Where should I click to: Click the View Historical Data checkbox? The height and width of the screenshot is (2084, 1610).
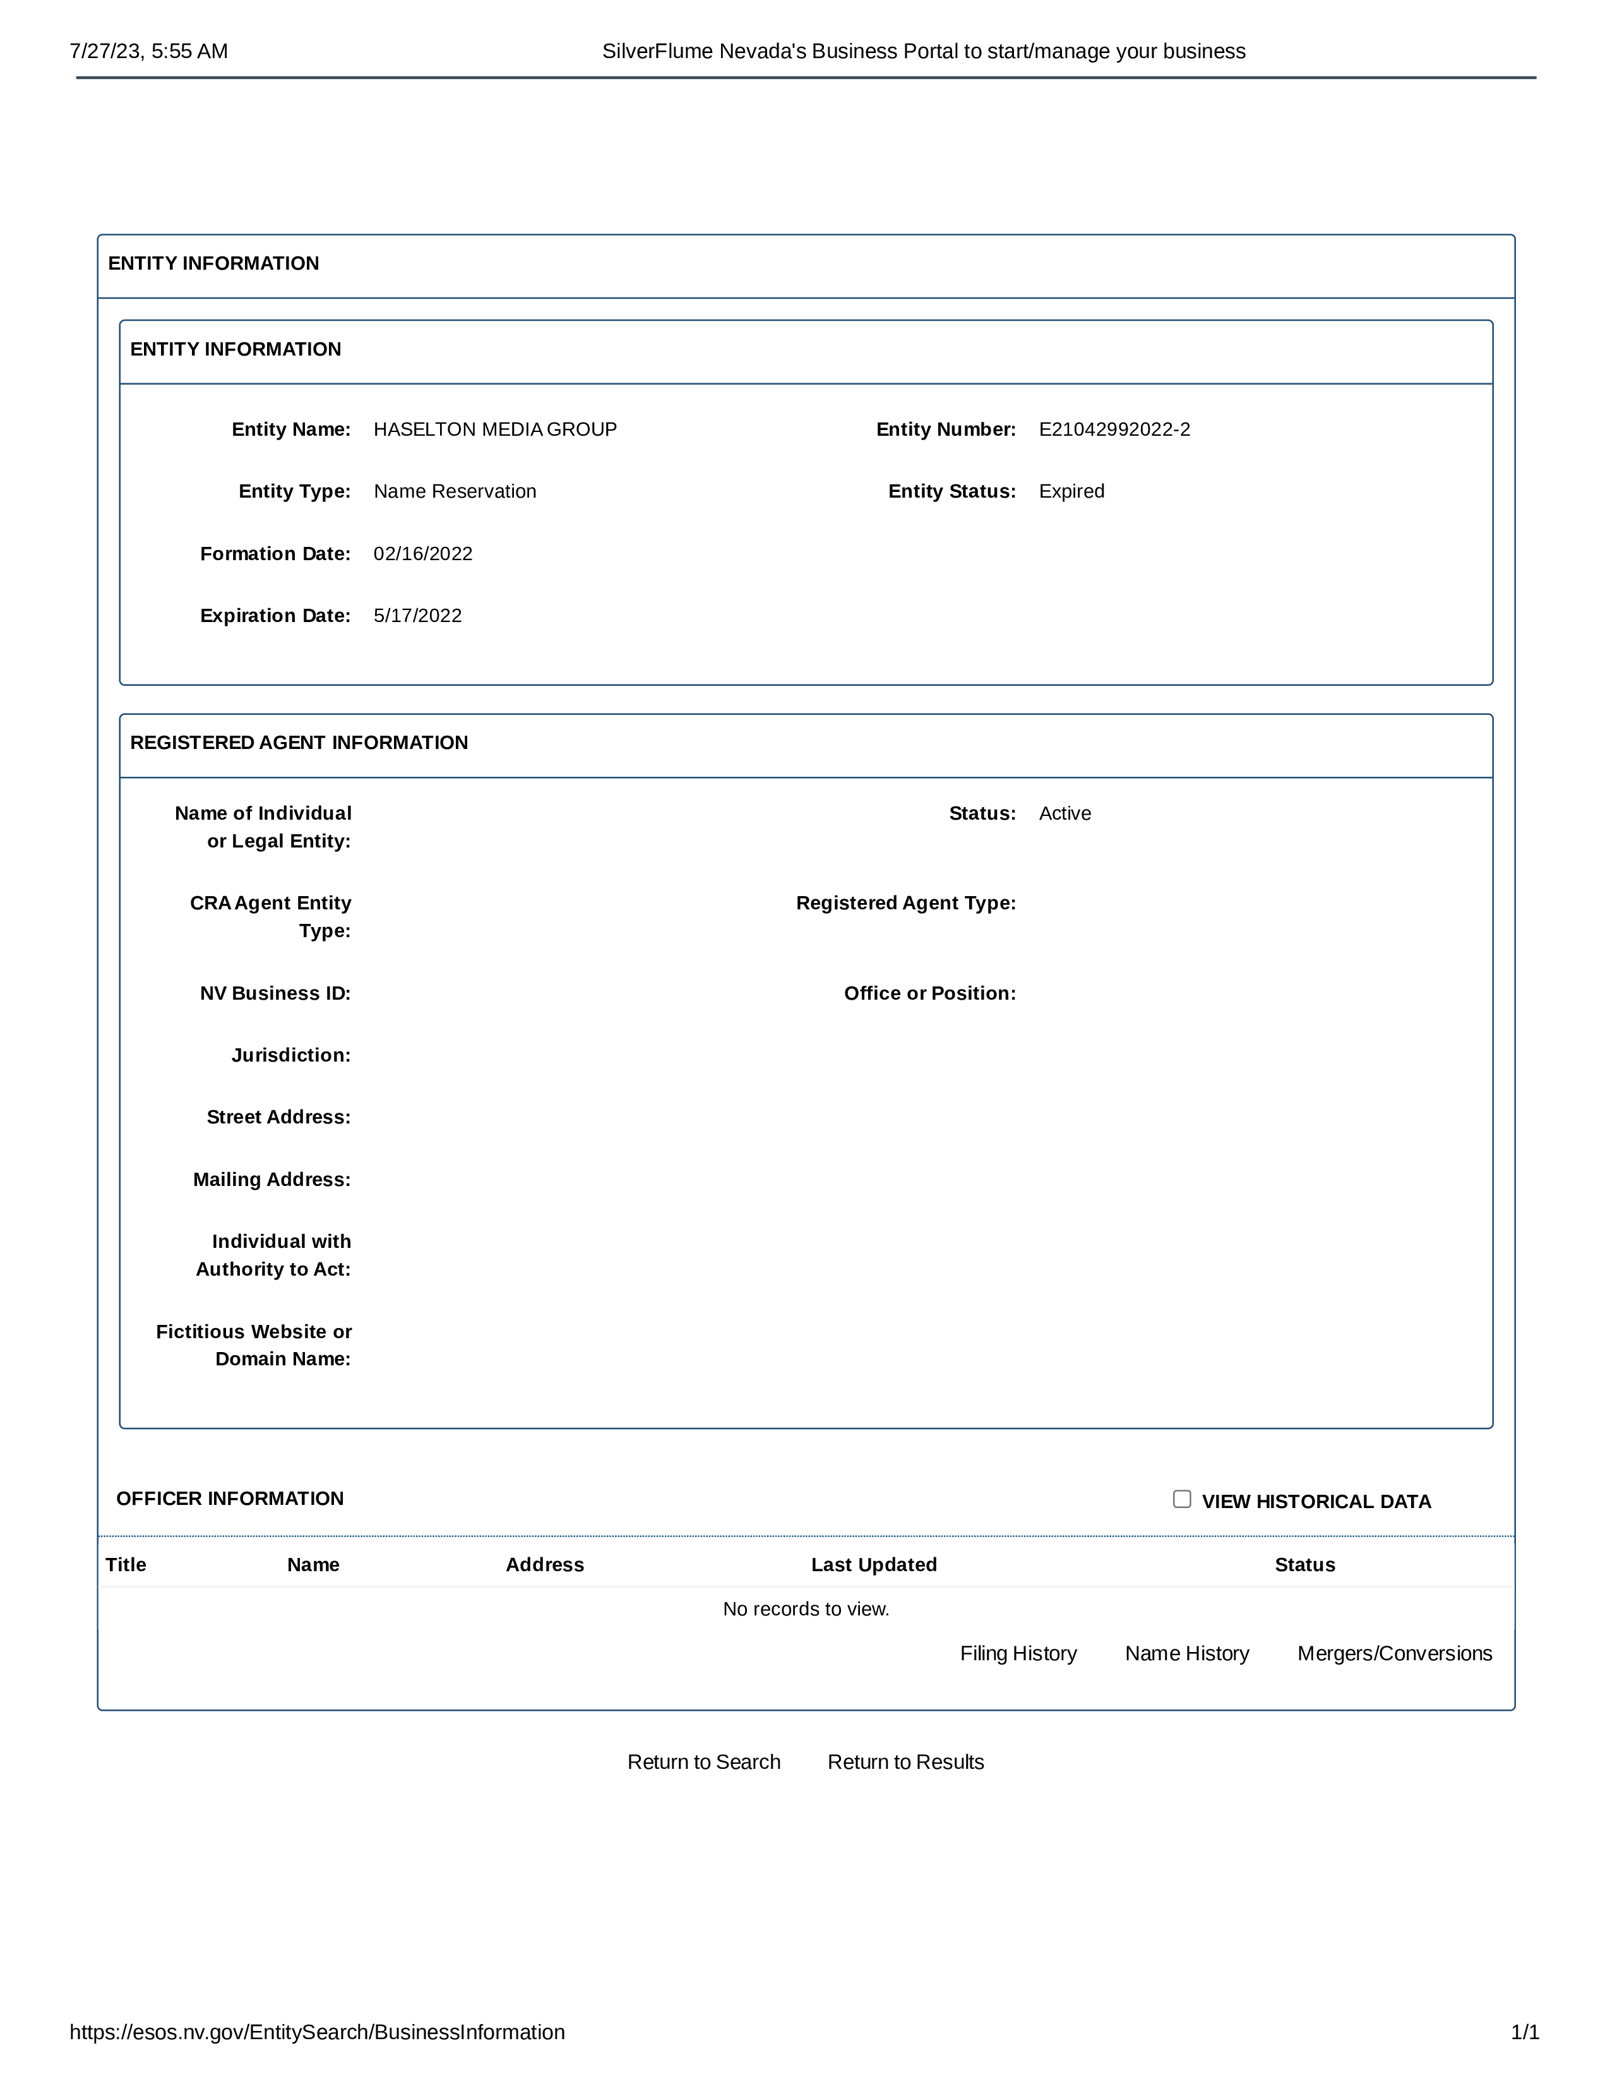1182,1499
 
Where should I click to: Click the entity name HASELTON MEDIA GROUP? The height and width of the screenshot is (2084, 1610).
495,429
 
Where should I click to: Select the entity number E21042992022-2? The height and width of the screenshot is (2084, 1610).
1114,429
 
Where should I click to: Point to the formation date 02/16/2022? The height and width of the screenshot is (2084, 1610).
422,553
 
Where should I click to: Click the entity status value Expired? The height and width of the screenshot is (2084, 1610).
1071,491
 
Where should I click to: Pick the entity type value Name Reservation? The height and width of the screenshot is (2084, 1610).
455,491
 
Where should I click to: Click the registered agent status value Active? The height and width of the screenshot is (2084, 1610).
1064,813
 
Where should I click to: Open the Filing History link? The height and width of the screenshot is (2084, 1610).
1018,1654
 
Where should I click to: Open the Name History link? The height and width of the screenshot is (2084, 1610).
1186,1654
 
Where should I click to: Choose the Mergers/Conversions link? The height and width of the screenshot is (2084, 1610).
1395,1654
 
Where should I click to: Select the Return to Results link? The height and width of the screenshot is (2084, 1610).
905,1763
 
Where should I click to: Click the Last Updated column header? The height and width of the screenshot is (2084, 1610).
874,1565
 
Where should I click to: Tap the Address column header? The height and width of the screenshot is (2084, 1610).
545,1565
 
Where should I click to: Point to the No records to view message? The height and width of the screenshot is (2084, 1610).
806,1609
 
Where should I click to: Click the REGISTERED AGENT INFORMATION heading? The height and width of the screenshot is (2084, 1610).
299,743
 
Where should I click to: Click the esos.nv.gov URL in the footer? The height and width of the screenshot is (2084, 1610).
317,2032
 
